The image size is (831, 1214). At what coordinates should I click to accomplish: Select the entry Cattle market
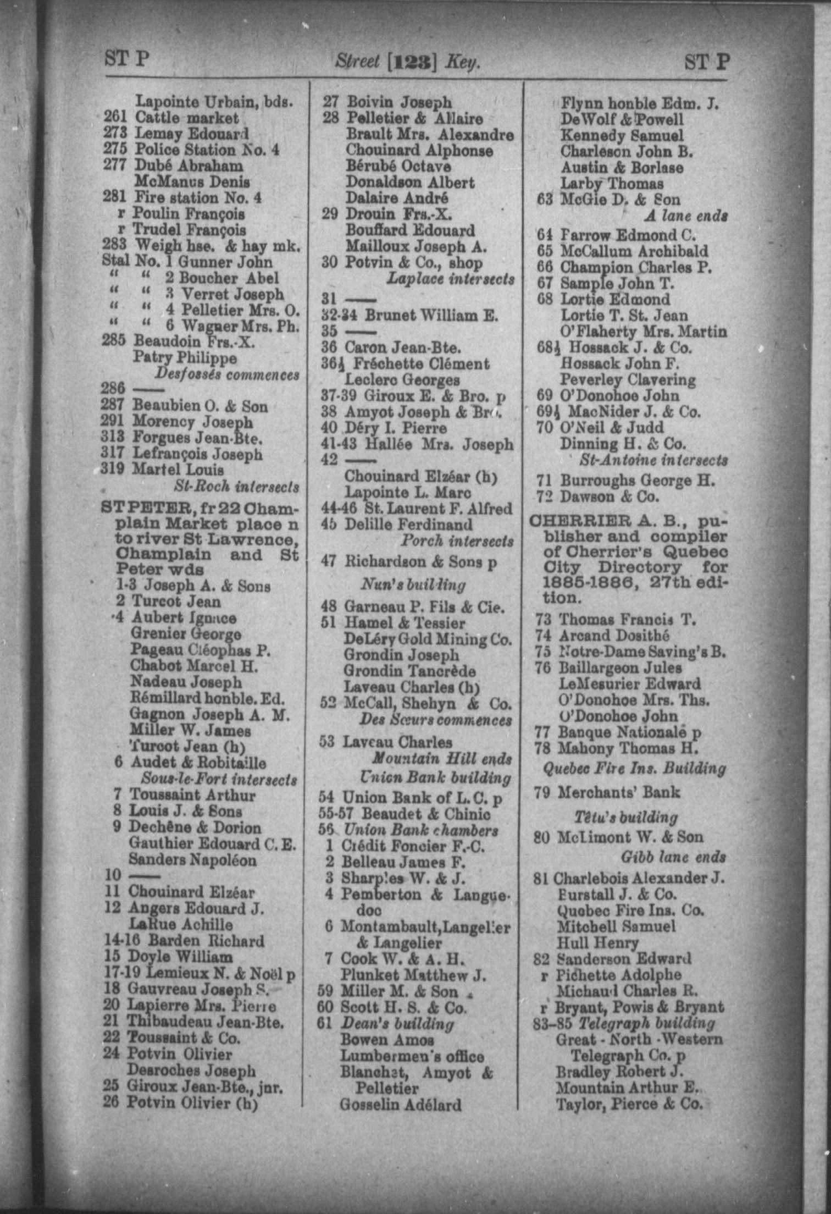(187, 118)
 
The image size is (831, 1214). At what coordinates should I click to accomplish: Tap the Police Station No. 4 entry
(207, 150)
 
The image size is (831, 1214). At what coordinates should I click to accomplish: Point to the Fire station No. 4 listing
(198, 197)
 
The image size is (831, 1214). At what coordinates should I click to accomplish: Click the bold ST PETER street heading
(146, 508)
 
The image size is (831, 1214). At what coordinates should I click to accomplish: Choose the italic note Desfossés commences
(226, 374)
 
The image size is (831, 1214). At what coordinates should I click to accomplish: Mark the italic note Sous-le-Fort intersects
(219, 780)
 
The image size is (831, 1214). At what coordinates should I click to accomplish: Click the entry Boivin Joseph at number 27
(398, 102)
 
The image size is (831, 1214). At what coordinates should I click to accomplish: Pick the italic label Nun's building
(413, 584)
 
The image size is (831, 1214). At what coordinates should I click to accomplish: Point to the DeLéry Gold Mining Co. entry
(427, 639)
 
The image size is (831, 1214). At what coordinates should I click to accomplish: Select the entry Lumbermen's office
(412, 1057)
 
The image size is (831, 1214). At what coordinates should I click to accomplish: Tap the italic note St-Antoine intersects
(653, 460)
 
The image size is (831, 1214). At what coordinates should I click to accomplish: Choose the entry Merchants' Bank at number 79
(619, 792)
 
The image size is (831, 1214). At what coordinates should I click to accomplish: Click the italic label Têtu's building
(626, 817)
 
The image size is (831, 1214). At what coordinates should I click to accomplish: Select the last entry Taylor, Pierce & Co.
(629, 1104)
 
